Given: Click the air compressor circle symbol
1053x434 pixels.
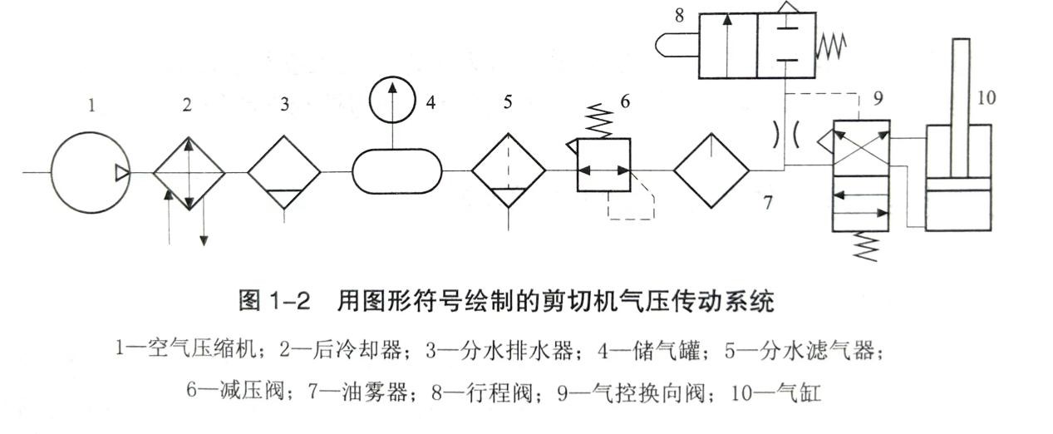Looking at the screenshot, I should coord(90,172).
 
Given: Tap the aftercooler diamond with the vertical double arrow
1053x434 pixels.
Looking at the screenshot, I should coord(189,172).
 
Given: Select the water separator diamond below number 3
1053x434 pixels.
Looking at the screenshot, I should coord(284,172).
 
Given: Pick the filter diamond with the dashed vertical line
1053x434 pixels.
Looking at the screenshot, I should coord(509,172).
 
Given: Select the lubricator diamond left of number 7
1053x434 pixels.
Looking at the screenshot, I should coord(711,172).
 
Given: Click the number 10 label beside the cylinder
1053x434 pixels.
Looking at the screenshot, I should coord(987,97).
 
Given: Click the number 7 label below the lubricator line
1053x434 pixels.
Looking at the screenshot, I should coord(769,201).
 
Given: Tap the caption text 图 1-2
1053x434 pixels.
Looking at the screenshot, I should coord(274,301).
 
